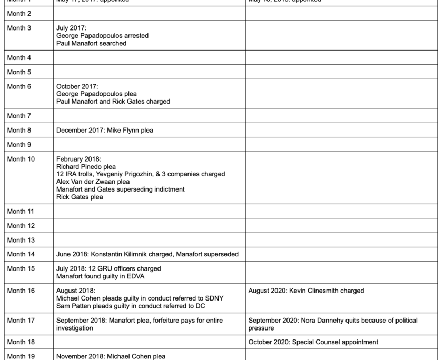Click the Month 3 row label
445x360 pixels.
tap(19, 28)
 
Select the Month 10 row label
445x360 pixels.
tap(21, 159)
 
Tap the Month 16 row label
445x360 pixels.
tap(21, 291)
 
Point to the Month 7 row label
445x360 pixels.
tap(19, 116)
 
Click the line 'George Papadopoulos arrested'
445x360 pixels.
tap(102, 36)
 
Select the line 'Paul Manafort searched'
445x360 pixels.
tap(91, 44)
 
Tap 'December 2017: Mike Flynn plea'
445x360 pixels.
tap(105, 130)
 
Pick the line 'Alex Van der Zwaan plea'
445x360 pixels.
tap(93, 182)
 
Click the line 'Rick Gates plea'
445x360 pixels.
tap(80, 197)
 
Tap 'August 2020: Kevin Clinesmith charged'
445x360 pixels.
tap(306, 291)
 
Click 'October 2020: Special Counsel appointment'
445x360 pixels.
tap(313, 342)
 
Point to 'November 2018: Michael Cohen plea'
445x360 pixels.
tap(111, 356)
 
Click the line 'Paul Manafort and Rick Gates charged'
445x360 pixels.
tap(113, 102)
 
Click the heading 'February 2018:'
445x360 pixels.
tap(78, 159)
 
